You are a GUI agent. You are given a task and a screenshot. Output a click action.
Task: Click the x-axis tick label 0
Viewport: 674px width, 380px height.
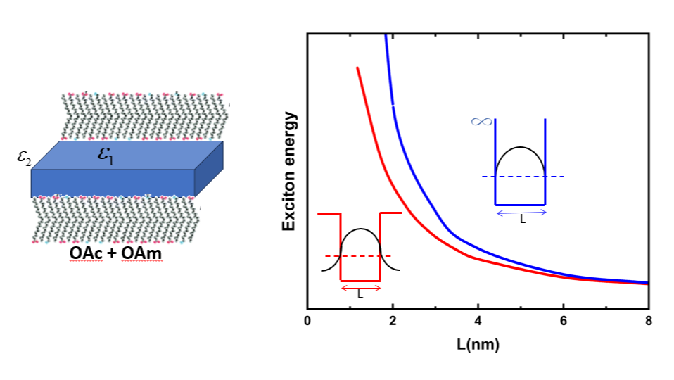307,321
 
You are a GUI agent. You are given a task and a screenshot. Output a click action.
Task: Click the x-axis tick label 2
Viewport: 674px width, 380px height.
393,321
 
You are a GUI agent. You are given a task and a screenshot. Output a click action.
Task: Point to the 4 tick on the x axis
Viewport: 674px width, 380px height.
478,321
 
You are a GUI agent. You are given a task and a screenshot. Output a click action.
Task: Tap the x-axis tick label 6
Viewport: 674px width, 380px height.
563,321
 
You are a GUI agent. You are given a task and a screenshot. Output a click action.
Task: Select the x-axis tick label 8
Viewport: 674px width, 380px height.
648,321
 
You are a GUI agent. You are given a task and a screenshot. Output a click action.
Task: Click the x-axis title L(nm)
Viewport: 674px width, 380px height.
478,345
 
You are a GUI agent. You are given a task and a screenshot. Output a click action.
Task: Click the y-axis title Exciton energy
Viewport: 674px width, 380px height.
288,170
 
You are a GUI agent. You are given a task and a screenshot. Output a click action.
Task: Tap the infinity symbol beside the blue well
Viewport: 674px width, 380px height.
481,122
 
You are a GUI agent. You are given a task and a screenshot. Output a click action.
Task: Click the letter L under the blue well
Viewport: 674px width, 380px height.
522,220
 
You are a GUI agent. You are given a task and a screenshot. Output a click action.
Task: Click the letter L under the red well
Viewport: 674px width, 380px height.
360,295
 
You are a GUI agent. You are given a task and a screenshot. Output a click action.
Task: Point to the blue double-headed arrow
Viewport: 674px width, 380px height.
521,211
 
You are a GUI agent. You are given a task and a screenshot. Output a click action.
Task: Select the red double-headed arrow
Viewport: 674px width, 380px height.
360,286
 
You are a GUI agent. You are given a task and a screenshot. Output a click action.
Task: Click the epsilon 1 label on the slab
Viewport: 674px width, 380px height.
106,156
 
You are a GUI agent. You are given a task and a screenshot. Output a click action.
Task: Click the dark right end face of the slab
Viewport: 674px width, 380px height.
209,167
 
